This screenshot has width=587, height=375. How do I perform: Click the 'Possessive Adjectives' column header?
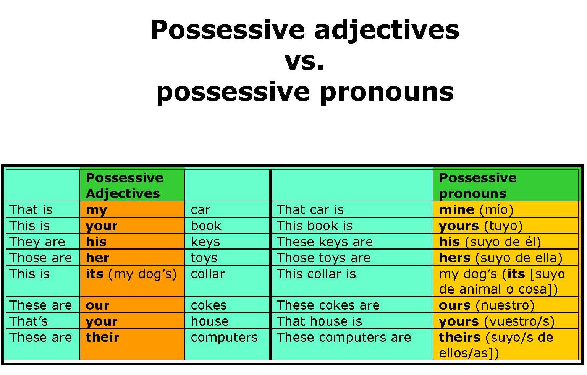pos(125,186)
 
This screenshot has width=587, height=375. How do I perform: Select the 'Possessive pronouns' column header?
pos(478,186)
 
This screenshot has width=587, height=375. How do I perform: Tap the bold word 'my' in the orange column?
pos(97,210)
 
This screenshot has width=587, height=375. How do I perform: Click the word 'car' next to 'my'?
pos(201,210)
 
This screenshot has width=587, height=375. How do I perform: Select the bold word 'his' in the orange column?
pos(96,242)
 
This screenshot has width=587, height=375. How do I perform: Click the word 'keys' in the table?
pos(205,242)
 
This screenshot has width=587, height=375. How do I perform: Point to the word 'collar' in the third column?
pos(208,274)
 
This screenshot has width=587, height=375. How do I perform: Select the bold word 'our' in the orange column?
pos(97,306)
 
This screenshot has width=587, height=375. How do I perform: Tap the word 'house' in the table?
pos(210,321)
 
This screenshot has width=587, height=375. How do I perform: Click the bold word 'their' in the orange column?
pos(102,337)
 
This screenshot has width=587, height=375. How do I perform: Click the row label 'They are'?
pos(37,242)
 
